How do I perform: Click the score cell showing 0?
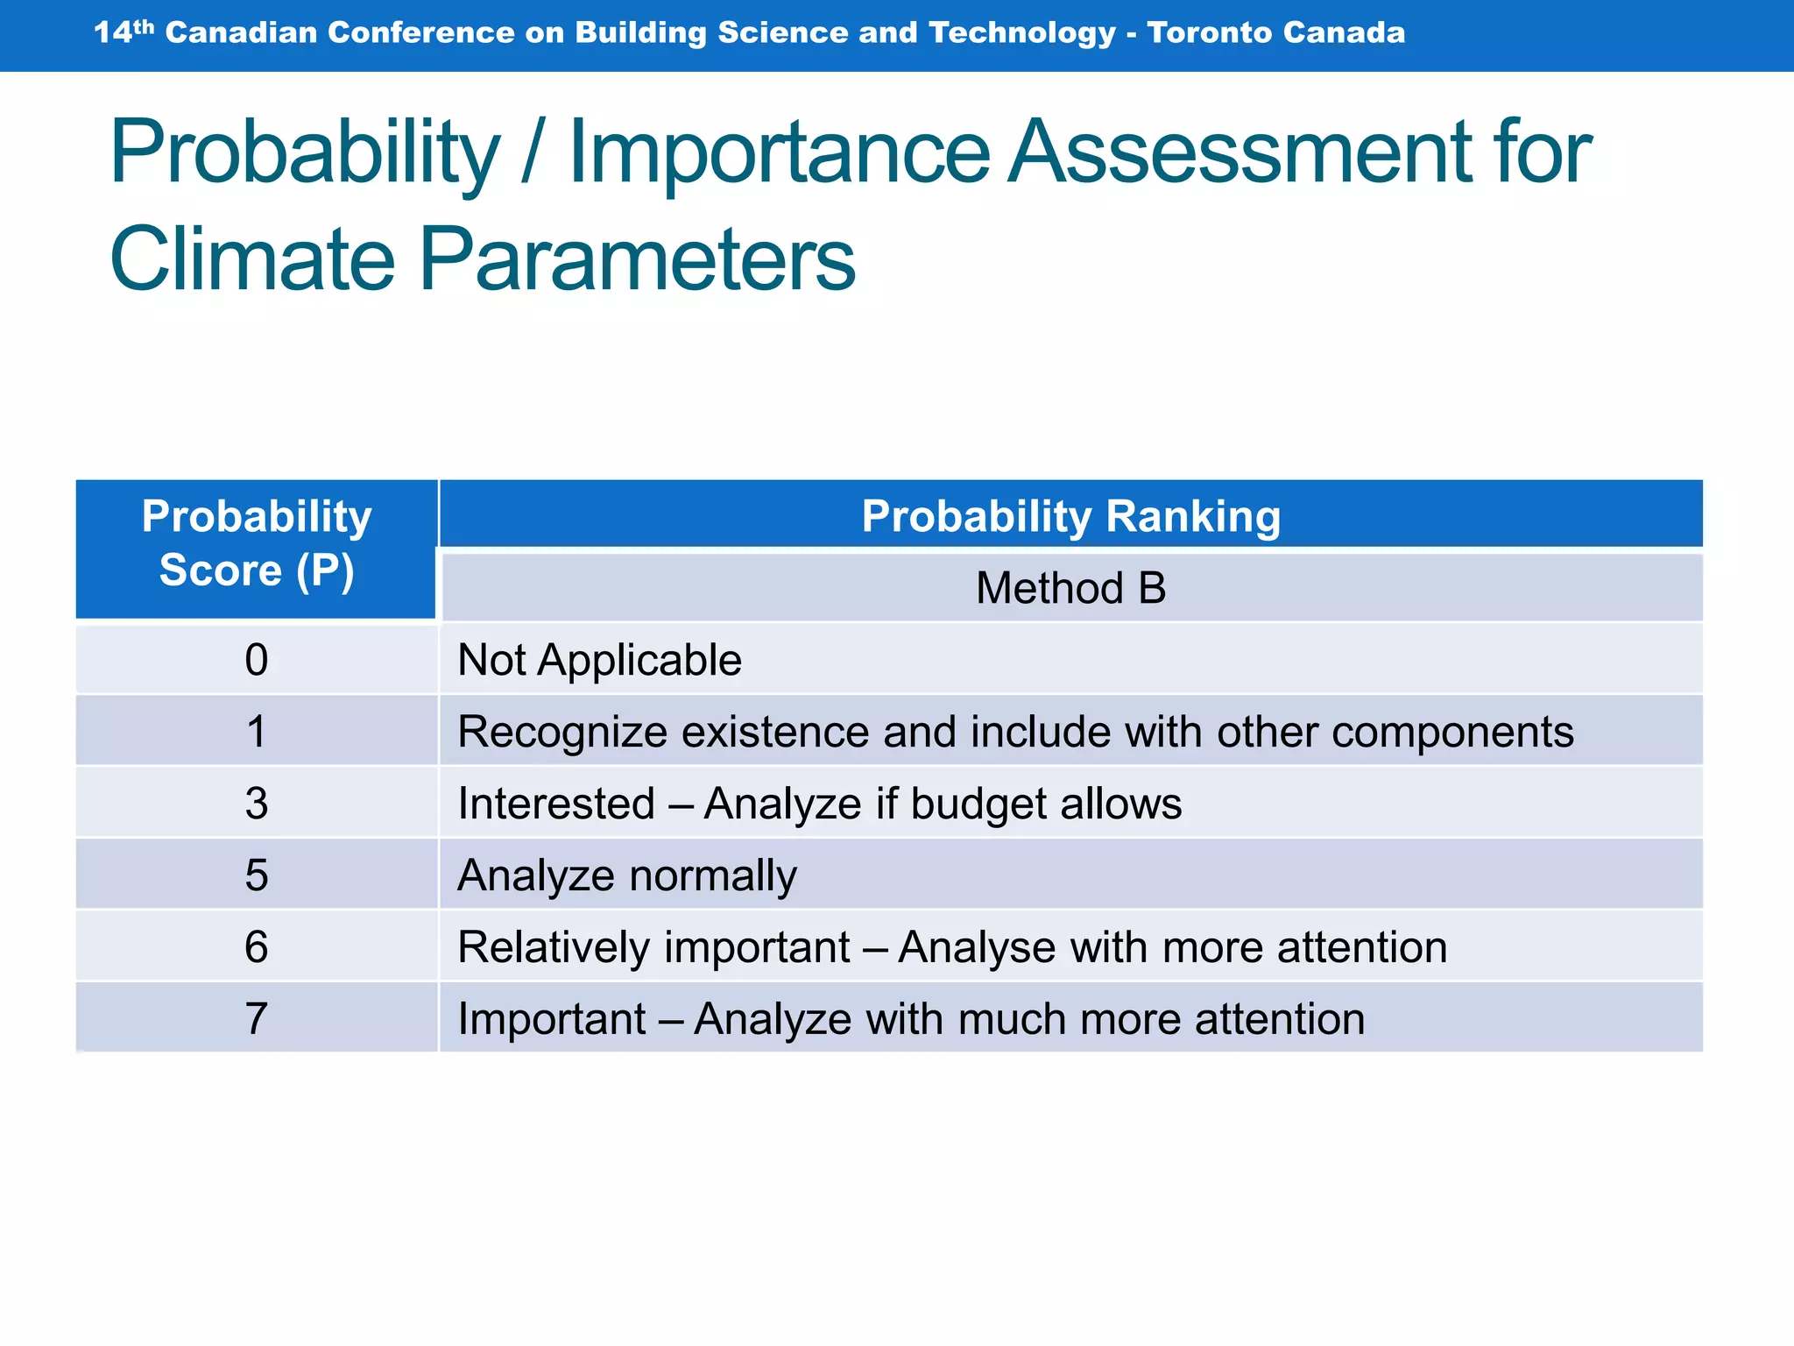pos(256,659)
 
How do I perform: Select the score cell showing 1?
pos(256,731)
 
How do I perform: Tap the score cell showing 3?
pos(256,803)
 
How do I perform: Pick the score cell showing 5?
pos(256,875)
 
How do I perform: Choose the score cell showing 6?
pos(256,946)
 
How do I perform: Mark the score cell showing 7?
pos(256,1018)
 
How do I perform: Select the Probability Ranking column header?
pos(1070,515)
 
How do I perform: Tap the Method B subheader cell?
pos(1070,587)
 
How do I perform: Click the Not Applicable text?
pos(599,660)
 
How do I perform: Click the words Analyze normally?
pos(627,875)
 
